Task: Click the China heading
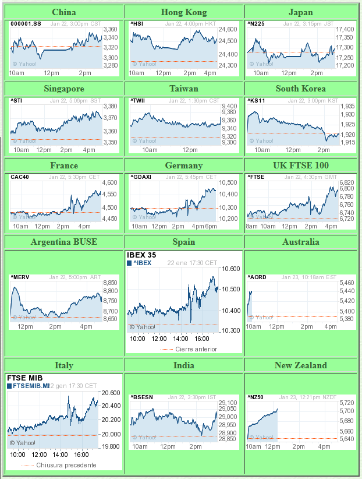[x=63, y=12]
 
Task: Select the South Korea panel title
[x=300, y=89]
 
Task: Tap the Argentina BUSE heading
[x=63, y=242]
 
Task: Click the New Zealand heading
[x=300, y=365]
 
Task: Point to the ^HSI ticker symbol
[x=137, y=23]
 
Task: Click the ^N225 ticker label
[x=256, y=23]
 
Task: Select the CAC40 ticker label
[x=19, y=177]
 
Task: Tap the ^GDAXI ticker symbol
[x=141, y=177]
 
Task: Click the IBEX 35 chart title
[x=141, y=255]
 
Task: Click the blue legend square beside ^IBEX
[x=129, y=263]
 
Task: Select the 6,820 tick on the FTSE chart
[x=346, y=182]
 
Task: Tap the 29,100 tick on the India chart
[x=228, y=403]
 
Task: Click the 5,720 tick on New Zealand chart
[x=346, y=403]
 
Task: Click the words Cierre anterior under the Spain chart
[x=196, y=349]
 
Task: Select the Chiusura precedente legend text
[x=66, y=465]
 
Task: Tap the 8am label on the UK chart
[x=251, y=226]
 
